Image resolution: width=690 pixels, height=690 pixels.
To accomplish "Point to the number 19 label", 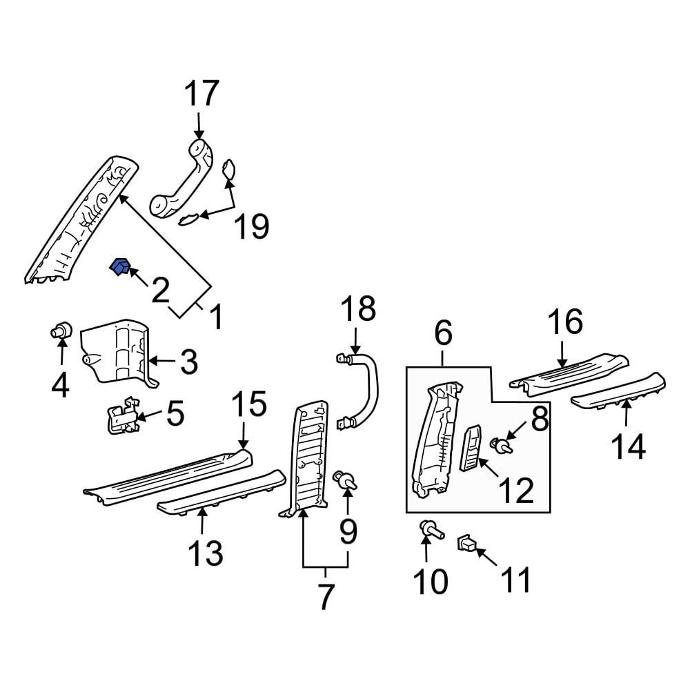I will tap(251, 226).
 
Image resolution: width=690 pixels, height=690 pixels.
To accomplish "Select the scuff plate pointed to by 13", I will tap(221, 491).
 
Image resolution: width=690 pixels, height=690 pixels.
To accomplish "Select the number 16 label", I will tap(565, 322).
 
